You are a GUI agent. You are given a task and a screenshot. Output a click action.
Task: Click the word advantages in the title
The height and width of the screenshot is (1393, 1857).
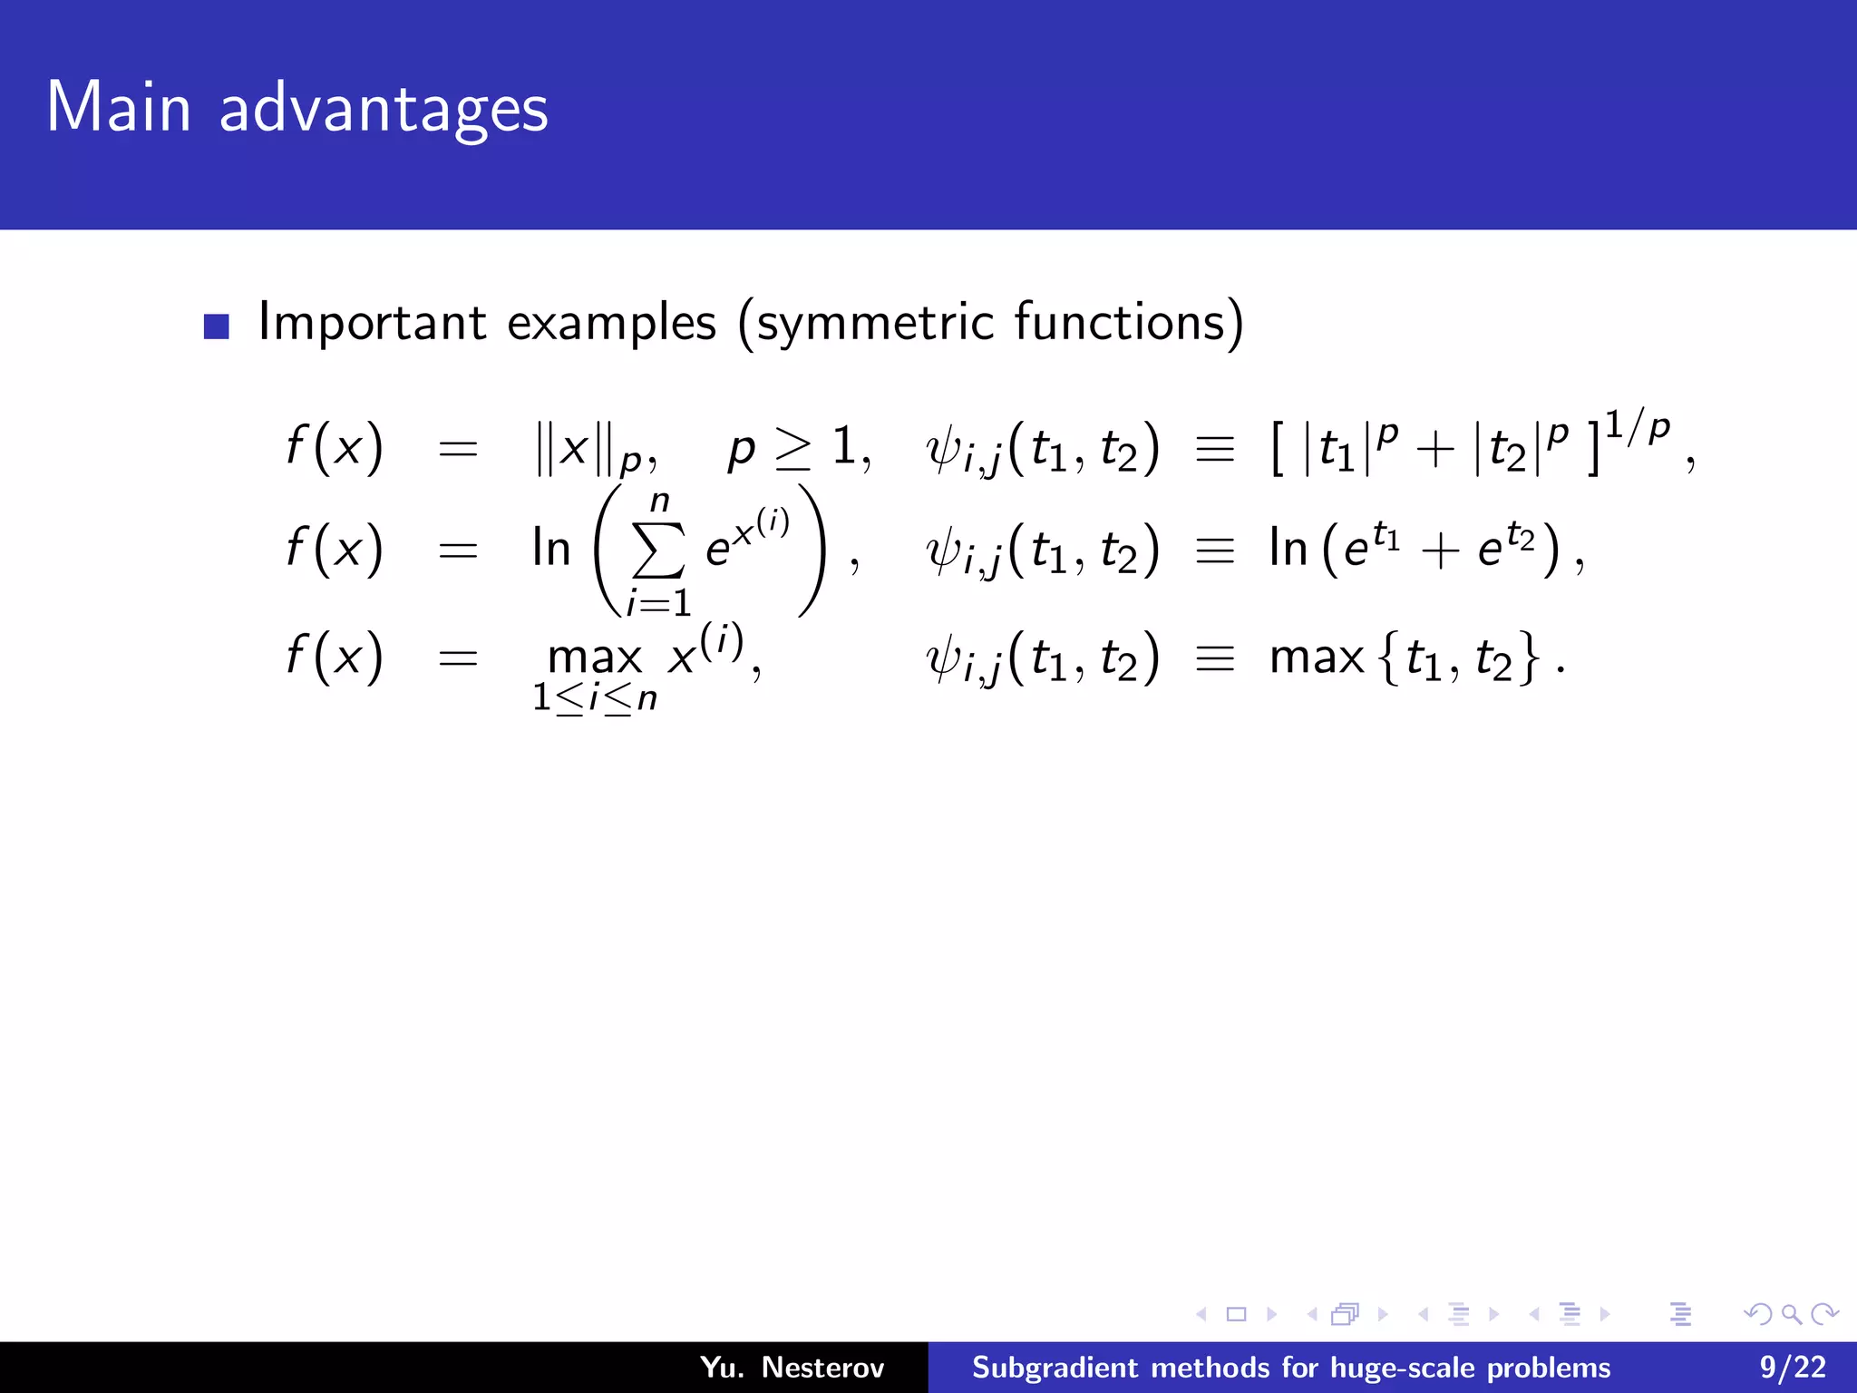pyautogui.click(x=384, y=110)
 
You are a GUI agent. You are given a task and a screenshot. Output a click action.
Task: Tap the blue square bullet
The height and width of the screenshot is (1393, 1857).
pyautogui.click(x=217, y=326)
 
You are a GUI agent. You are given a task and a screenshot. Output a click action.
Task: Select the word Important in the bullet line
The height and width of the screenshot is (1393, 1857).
pyautogui.click(x=373, y=322)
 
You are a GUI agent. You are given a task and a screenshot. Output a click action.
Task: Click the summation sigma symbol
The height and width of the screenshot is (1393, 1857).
pyautogui.click(x=658, y=550)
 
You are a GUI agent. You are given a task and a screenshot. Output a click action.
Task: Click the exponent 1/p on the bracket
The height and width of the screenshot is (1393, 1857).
pyautogui.click(x=1638, y=427)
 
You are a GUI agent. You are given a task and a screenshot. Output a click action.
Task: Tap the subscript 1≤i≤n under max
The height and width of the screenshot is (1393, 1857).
pyautogui.click(x=595, y=698)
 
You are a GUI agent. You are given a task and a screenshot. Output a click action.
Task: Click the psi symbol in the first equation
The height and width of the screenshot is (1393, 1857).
pyautogui.click(x=943, y=449)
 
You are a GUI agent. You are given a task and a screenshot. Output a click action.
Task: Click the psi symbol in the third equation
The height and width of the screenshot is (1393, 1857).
pyautogui.click(x=943, y=658)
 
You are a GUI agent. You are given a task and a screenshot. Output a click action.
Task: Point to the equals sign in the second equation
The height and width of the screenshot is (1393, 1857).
pyautogui.click(x=458, y=550)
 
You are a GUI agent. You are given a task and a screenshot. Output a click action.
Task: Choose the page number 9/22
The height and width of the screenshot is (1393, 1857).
pyautogui.click(x=1793, y=1367)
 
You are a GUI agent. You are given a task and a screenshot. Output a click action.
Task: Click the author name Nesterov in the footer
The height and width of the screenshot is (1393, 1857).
pyautogui.click(x=822, y=1367)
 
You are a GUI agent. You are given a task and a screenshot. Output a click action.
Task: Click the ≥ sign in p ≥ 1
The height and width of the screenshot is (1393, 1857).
pyautogui.click(x=793, y=449)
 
